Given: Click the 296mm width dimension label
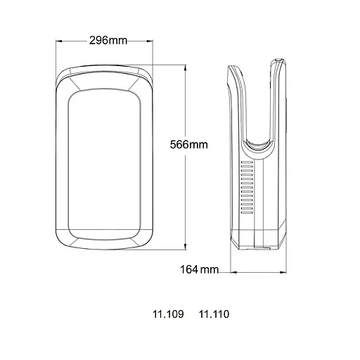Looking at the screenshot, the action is point(108,41).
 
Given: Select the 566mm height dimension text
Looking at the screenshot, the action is point(189,145).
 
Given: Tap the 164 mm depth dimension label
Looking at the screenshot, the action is point(199,269).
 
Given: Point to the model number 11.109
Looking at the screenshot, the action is point(168,314).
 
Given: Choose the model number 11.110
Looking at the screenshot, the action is point(214,314).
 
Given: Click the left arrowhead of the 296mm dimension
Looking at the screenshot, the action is point(59,41).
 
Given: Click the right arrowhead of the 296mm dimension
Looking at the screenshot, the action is point(150,41).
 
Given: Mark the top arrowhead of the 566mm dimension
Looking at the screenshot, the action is point(186,68).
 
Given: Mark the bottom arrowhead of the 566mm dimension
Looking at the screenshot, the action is point(186,247).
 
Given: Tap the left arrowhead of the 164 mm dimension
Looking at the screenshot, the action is point(233,272).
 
